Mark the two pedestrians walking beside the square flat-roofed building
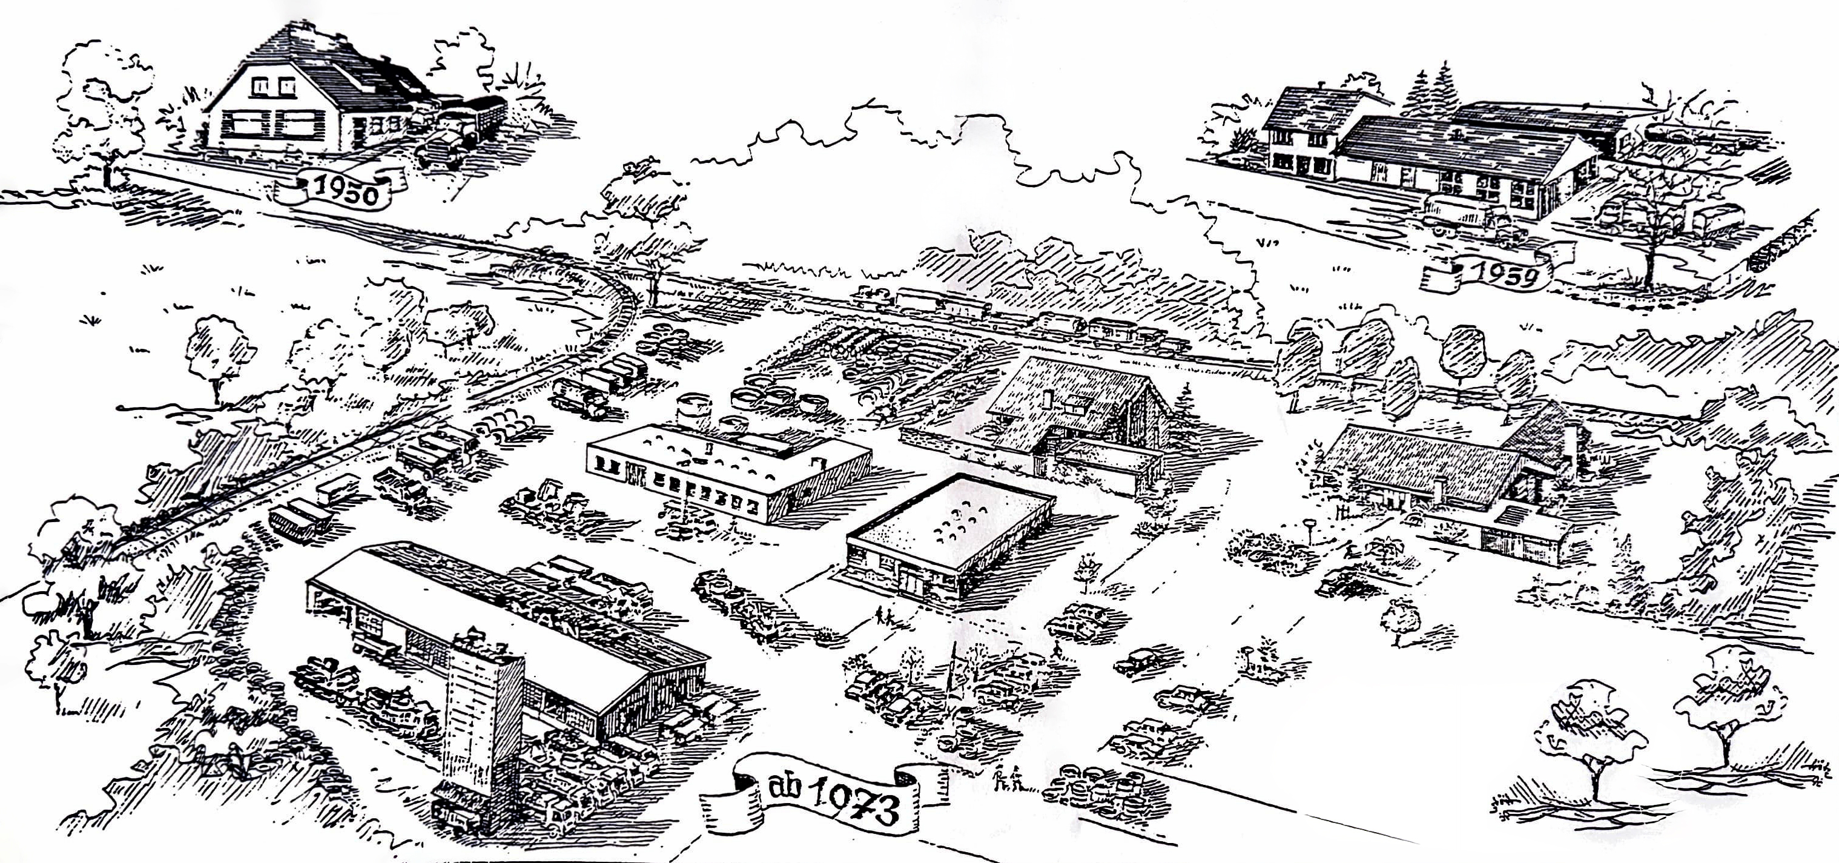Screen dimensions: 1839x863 point(885,615)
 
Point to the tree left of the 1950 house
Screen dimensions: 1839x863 point(104,107)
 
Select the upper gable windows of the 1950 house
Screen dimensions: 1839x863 point(272,85)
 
